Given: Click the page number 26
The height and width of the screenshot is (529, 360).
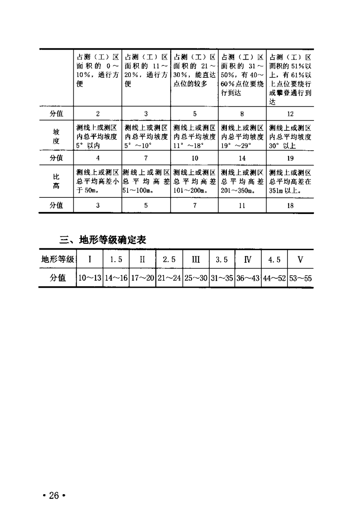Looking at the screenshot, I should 54,496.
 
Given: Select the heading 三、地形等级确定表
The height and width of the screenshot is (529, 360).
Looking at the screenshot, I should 103,239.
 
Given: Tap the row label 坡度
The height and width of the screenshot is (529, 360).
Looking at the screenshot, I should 56,136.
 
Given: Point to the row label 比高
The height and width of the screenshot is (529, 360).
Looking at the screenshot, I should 56,182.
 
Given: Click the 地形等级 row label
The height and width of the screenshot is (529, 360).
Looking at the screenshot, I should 58,260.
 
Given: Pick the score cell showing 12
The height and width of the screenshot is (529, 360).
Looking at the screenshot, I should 290,113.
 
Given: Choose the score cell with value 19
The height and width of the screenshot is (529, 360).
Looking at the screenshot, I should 290,158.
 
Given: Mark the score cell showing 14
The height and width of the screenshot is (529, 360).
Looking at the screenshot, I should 242,158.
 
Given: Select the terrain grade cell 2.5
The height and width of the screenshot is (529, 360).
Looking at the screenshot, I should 169,260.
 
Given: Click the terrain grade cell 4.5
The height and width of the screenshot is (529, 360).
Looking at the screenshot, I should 274,260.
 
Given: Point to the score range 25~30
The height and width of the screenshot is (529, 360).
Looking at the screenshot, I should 196,278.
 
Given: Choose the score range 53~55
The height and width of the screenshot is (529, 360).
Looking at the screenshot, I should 300,278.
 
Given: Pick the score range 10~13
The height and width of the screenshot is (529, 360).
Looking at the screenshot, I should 90,278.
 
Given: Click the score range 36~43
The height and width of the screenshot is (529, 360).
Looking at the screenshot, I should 248,278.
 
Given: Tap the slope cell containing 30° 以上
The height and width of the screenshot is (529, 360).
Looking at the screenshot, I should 290,136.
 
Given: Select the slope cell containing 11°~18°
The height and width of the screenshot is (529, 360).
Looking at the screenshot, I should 194,136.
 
